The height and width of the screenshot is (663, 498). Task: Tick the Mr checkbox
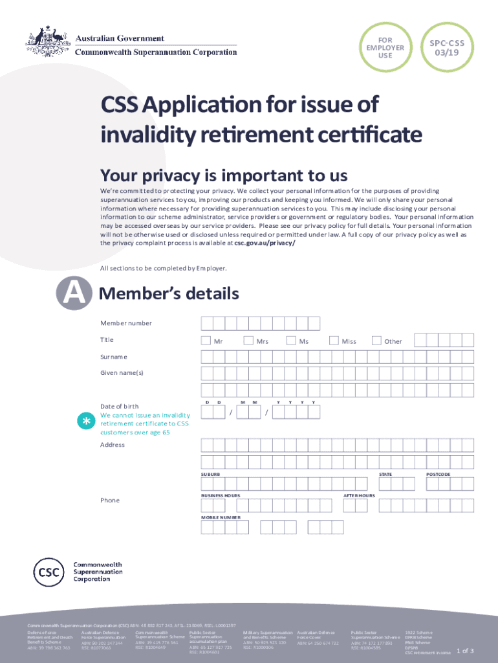(206, 341)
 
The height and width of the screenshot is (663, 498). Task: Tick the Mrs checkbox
(248, 341)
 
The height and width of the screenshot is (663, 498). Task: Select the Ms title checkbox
(291, 341)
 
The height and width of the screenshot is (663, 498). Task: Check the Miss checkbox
(334, 341)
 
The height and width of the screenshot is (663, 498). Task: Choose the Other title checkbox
(376, 341)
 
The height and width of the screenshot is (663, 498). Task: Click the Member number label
(126, 323)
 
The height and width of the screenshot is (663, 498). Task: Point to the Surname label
(114, 357)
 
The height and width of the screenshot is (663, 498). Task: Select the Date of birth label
(119, 406)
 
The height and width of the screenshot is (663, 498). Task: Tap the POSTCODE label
(438, 475)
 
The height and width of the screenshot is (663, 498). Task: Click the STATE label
(385, 475)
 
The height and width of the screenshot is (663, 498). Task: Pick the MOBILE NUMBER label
(221, 517)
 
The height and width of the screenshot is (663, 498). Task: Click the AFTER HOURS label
(359, 495)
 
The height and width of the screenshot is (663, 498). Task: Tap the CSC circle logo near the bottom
(51, 572)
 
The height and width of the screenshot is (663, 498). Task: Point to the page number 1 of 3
(465, 650)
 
